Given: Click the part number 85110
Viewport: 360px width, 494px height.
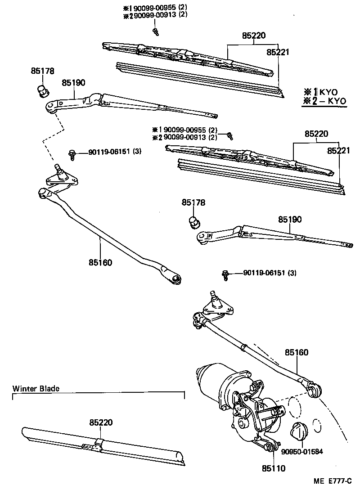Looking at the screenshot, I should pos(274,468).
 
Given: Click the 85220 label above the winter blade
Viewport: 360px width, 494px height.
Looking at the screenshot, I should pos(101,422).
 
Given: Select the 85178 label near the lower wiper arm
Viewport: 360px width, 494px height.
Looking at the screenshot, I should pos(193,203).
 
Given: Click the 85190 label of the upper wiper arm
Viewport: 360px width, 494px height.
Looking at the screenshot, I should pos(73,83).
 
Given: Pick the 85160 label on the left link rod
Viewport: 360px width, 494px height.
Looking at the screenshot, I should pos(100,262).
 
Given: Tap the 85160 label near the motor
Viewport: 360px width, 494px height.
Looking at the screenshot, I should pos(297,352).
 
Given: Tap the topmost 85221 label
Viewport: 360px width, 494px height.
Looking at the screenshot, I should pos(277,52).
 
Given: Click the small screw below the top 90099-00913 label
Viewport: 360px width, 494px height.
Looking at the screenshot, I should pos(155,31).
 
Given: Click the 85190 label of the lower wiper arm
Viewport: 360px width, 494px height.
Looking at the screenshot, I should pos(289,219).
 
